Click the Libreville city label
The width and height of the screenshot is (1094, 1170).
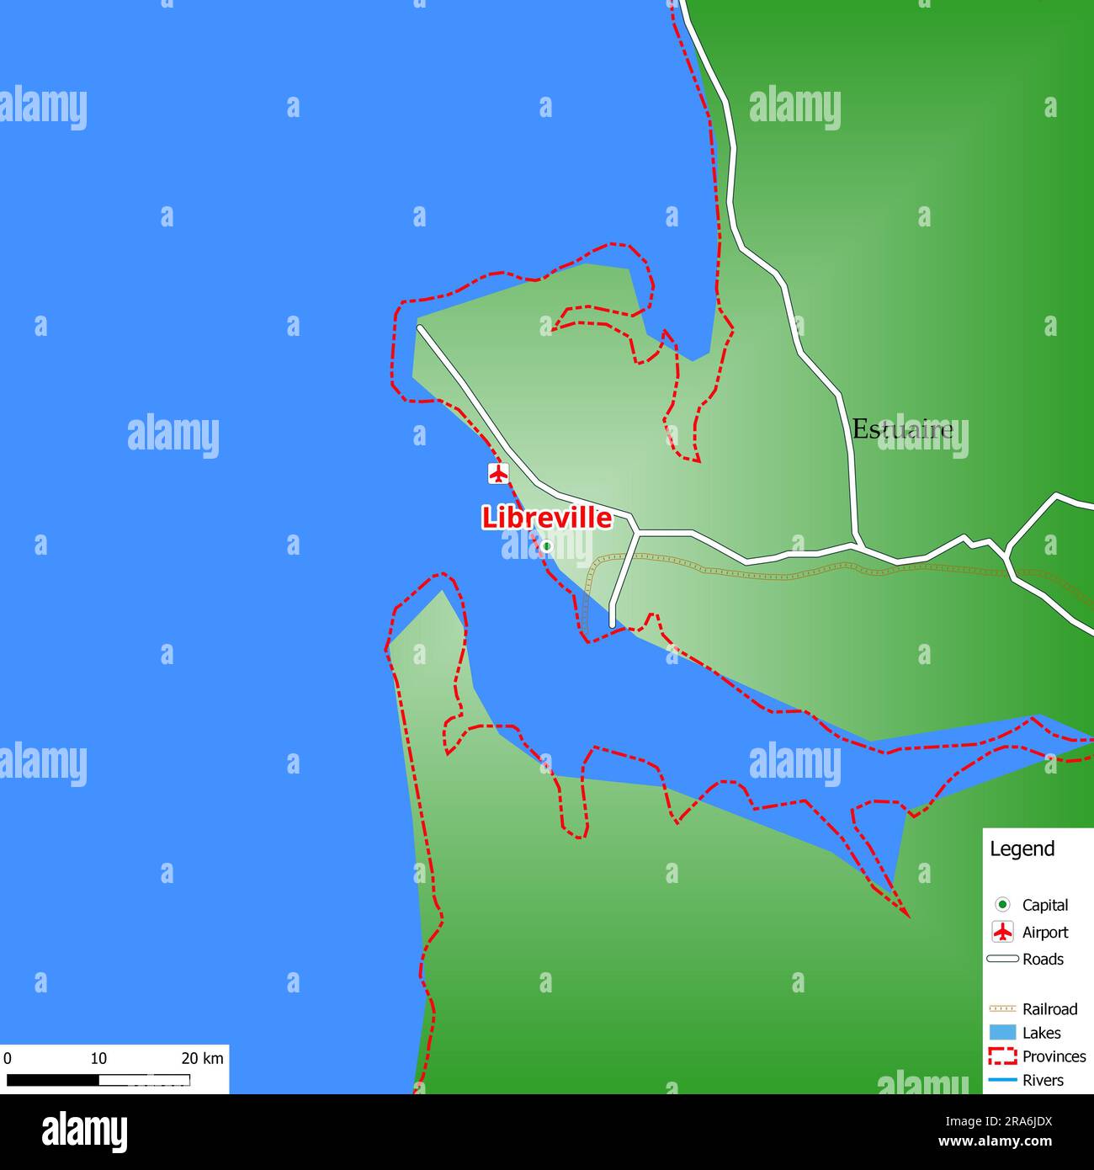coord(546,518)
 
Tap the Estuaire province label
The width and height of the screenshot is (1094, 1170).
coord(902,429)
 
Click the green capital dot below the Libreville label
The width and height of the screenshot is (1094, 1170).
coord(546,546)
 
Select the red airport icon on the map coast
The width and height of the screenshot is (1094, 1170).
coord(499,473)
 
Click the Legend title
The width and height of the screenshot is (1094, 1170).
coord(1022,848)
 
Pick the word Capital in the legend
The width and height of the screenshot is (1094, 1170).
coord(1044,905)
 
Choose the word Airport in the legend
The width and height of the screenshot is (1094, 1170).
coord(1044,932)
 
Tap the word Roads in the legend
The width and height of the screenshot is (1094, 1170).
coord(1043,959)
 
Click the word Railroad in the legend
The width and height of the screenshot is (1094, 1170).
coord(1049,1008)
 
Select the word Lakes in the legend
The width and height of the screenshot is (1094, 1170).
coord(1041,1033)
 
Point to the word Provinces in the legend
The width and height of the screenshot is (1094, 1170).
coord(1054,1056)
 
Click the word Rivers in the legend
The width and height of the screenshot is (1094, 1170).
coord(1043,1080)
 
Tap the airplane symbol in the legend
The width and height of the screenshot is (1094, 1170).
coord(1002,932)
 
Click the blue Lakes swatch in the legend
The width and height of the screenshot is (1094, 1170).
coord(1002,1033)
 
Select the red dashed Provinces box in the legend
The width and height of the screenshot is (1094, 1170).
coord(1002,1056)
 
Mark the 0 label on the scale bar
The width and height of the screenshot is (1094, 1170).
coord(8,1058)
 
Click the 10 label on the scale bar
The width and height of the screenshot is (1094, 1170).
coord(98,1058)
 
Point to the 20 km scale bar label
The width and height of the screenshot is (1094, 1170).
coord(202,1058)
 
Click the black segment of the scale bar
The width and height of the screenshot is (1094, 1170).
coord(52,1080)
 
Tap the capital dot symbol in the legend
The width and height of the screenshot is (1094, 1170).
coord(1002,905)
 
